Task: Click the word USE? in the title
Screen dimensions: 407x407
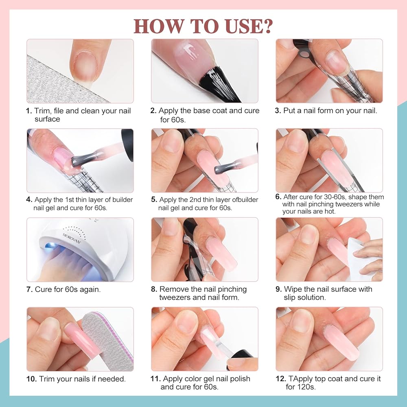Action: tap(249, 26)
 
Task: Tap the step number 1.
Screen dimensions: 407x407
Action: tap(28, 111)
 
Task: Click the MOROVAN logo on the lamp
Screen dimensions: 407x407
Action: tap(71, 238)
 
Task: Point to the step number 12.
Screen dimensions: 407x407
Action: tap(281, 379)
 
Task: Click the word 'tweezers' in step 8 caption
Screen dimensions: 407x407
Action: tap(175, 298)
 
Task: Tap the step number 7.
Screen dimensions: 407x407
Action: tap(29, 289)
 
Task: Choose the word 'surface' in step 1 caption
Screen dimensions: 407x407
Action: tap(47, 119)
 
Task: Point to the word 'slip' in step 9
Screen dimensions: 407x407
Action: tap(290, 298)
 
